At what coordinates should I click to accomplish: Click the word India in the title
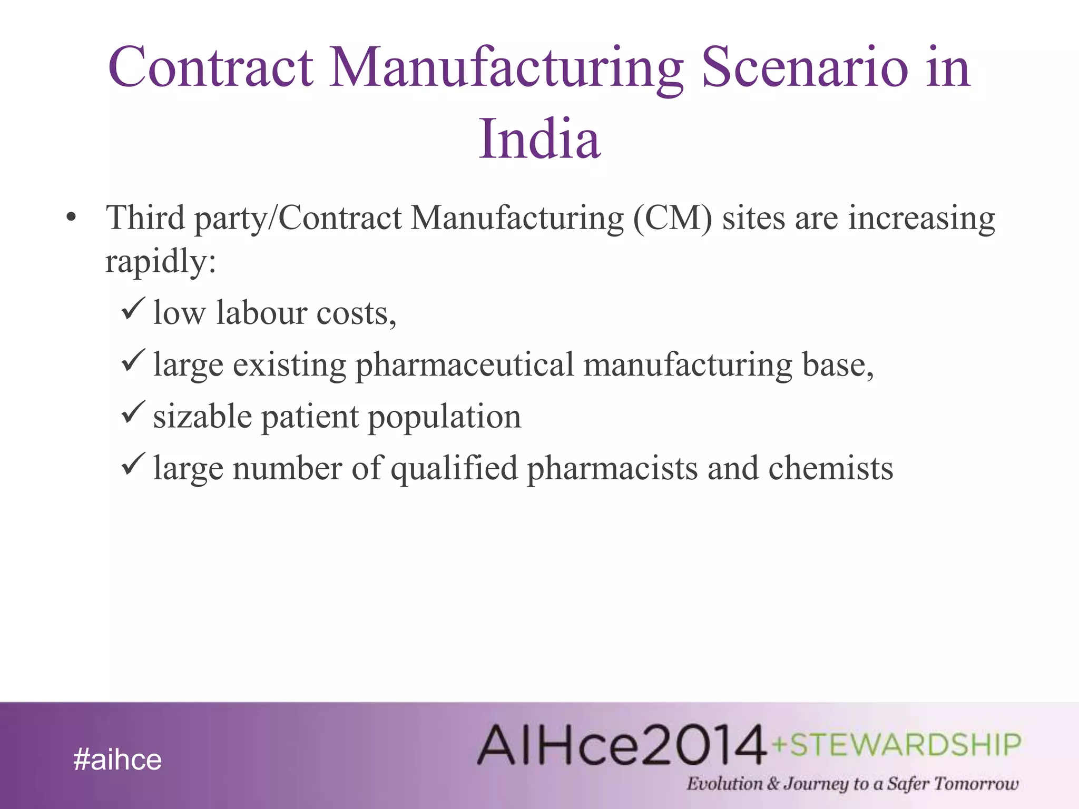(539, 139)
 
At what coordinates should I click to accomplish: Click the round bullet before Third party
(72, 218)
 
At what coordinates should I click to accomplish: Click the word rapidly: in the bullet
(161, 262)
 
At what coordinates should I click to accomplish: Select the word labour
(262, 312)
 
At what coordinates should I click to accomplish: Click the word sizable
(202, 416)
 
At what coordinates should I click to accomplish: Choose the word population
(444, 416)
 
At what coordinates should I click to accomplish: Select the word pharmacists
(612, 468)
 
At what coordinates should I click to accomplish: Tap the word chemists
(831, 468)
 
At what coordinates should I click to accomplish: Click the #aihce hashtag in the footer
(117, 759)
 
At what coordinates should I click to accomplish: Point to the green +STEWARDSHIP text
(896, 745)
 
